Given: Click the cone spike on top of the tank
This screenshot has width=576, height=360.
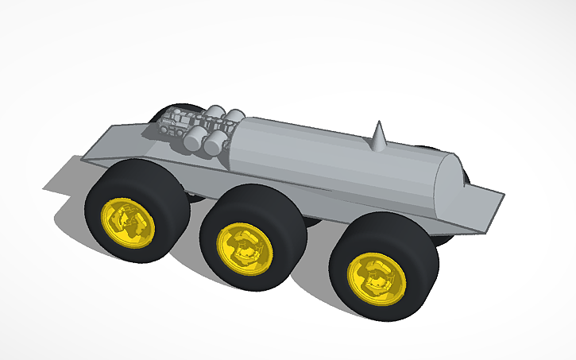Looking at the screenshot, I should click(x=378, y=140).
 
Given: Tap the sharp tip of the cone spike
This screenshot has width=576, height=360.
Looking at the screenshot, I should click(x=379, y=123).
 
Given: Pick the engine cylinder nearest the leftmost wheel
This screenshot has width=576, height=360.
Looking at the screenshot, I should click(x=193, y=139).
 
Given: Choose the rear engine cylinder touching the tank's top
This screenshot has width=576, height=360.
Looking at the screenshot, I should click(x=234, y=118).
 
